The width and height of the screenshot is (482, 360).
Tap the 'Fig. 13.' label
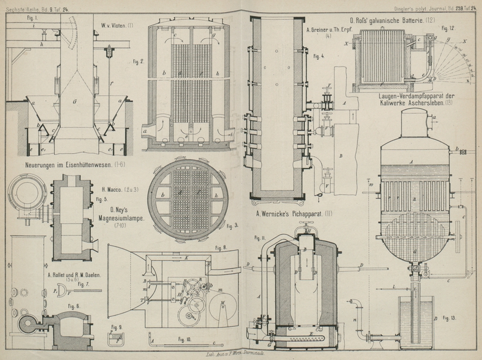tap(448, 317)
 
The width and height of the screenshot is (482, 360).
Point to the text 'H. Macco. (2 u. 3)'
tap(120, 190)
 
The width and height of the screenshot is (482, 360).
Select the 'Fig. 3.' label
tap(231, 226)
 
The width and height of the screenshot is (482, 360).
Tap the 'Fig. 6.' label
tap(74, 306)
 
